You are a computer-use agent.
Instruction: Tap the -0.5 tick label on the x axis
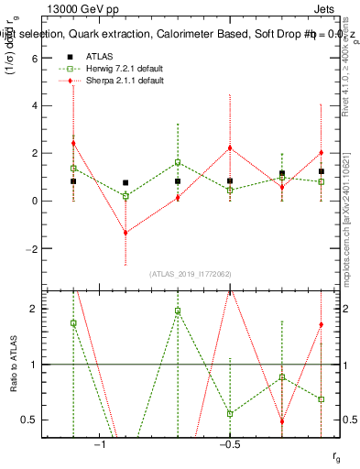tap(229, 444)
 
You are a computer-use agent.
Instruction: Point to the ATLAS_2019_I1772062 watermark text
tap(191, 273)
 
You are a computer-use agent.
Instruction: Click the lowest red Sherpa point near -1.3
tap(125, 233)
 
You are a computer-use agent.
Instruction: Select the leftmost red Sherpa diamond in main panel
tap(73, 143)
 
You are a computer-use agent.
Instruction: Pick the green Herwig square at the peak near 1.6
tap(178, 162)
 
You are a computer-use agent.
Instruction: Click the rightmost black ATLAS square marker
tap(322, 171)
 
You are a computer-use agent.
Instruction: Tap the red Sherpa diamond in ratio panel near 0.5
tap(282, 421)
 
